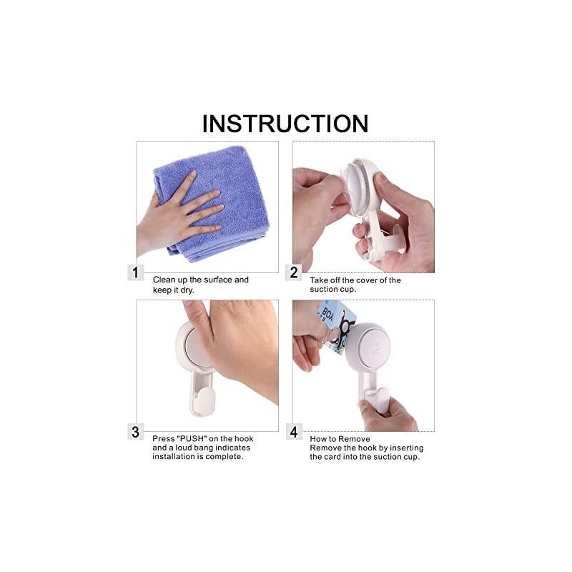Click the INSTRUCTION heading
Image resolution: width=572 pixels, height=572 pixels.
click(x=285, y=123)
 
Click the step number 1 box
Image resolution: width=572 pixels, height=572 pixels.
click(x=135, y=272)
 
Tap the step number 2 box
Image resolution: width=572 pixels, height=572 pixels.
click(x=293, y=272)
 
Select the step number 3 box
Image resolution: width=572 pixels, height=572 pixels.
click(x=135, y=431)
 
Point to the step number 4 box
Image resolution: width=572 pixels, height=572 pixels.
click(x=293, y=431)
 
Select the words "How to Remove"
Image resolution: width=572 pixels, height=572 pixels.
click(x=340, y=438)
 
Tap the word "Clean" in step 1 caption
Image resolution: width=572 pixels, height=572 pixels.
click(x=165, y=280)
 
